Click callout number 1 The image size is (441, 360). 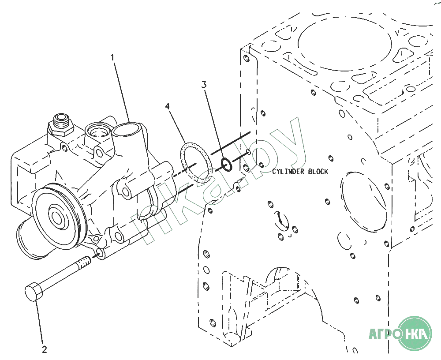coord(112,58)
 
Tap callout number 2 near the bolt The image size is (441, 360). coord(45,349)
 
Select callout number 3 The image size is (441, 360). coord(204,84)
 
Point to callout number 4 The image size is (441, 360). coord(168,106)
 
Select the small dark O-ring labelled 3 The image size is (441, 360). coord(226,165)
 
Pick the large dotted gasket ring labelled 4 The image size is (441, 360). coord(196,163)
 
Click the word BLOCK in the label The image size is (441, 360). coord(318,172)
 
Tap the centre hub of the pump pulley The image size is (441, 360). coord(57,216)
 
